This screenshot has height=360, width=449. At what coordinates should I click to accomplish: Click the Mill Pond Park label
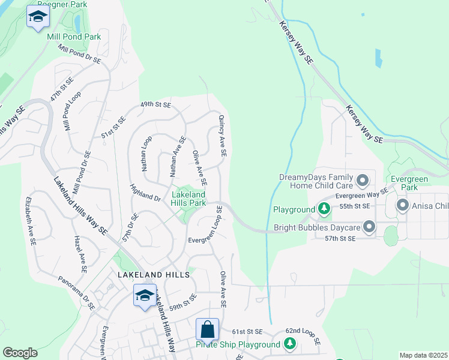tap(74, 37)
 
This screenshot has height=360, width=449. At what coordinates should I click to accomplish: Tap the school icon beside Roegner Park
tap(38, 17)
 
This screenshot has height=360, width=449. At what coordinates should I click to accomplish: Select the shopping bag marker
tap(207, 329)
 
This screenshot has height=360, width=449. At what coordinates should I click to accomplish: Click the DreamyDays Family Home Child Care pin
tap(363, 180)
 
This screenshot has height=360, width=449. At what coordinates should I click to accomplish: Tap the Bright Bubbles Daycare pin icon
tap(369, 227)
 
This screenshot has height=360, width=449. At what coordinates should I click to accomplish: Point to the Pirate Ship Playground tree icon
tap(290, 344)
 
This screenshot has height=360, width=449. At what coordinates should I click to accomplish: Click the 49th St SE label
tap(155, 104)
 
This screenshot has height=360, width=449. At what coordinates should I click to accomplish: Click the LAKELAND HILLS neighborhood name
tap(154, 274)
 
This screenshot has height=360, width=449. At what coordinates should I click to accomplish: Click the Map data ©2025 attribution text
tap(423, 355)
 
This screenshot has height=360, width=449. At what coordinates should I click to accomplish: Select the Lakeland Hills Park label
tap(188, 199)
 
